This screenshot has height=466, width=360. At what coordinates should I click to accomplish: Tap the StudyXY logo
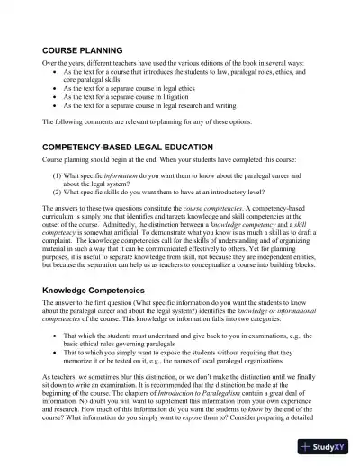pyautogui.click(x=327, y=447)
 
